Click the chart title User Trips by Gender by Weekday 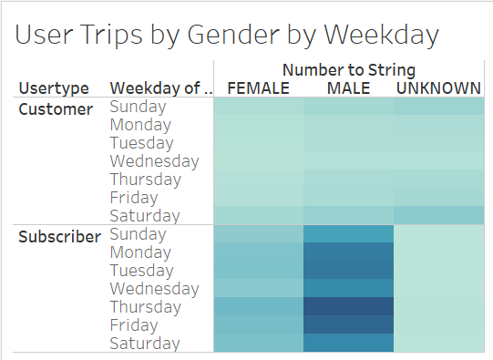tap(228, 35)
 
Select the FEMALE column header tap(258, 88)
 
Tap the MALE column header tap(348, 88)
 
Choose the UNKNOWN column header tap(438, 88)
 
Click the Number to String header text tap(348, 70)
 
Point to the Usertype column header tap(54, 88)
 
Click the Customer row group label tap(56, 109)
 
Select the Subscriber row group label tap(60, 237)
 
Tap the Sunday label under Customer tap(138, 107)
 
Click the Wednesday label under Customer tap(154, 161)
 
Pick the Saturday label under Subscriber tap(144, 344)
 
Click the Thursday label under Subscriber tap(146, 307)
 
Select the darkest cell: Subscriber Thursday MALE tap(348, 306)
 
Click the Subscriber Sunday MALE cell tap(348, 234)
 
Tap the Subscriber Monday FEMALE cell tap(258, 252)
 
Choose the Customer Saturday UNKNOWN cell tap(438, 215)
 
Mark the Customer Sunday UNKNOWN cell tap(438, 107)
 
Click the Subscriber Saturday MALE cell tap(348, 343)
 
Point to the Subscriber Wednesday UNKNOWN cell tap(438, 288)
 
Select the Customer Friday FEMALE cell tap(258, 197)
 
